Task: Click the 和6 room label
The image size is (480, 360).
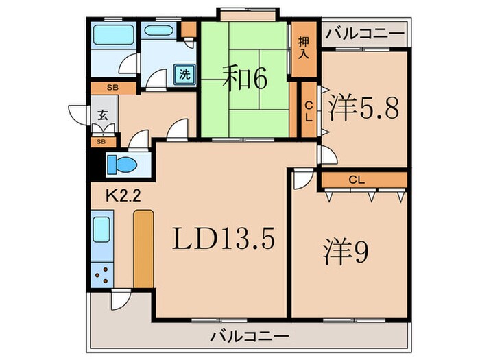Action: [245, 79]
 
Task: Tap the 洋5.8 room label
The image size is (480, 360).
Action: [364, 108]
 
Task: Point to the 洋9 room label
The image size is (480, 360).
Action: [347, 252]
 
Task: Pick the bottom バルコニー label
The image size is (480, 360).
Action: [249, 337]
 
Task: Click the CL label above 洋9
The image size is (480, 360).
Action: [355, 180]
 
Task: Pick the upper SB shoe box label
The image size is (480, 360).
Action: [112, 88]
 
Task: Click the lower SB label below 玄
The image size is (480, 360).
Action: [101, 141]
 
